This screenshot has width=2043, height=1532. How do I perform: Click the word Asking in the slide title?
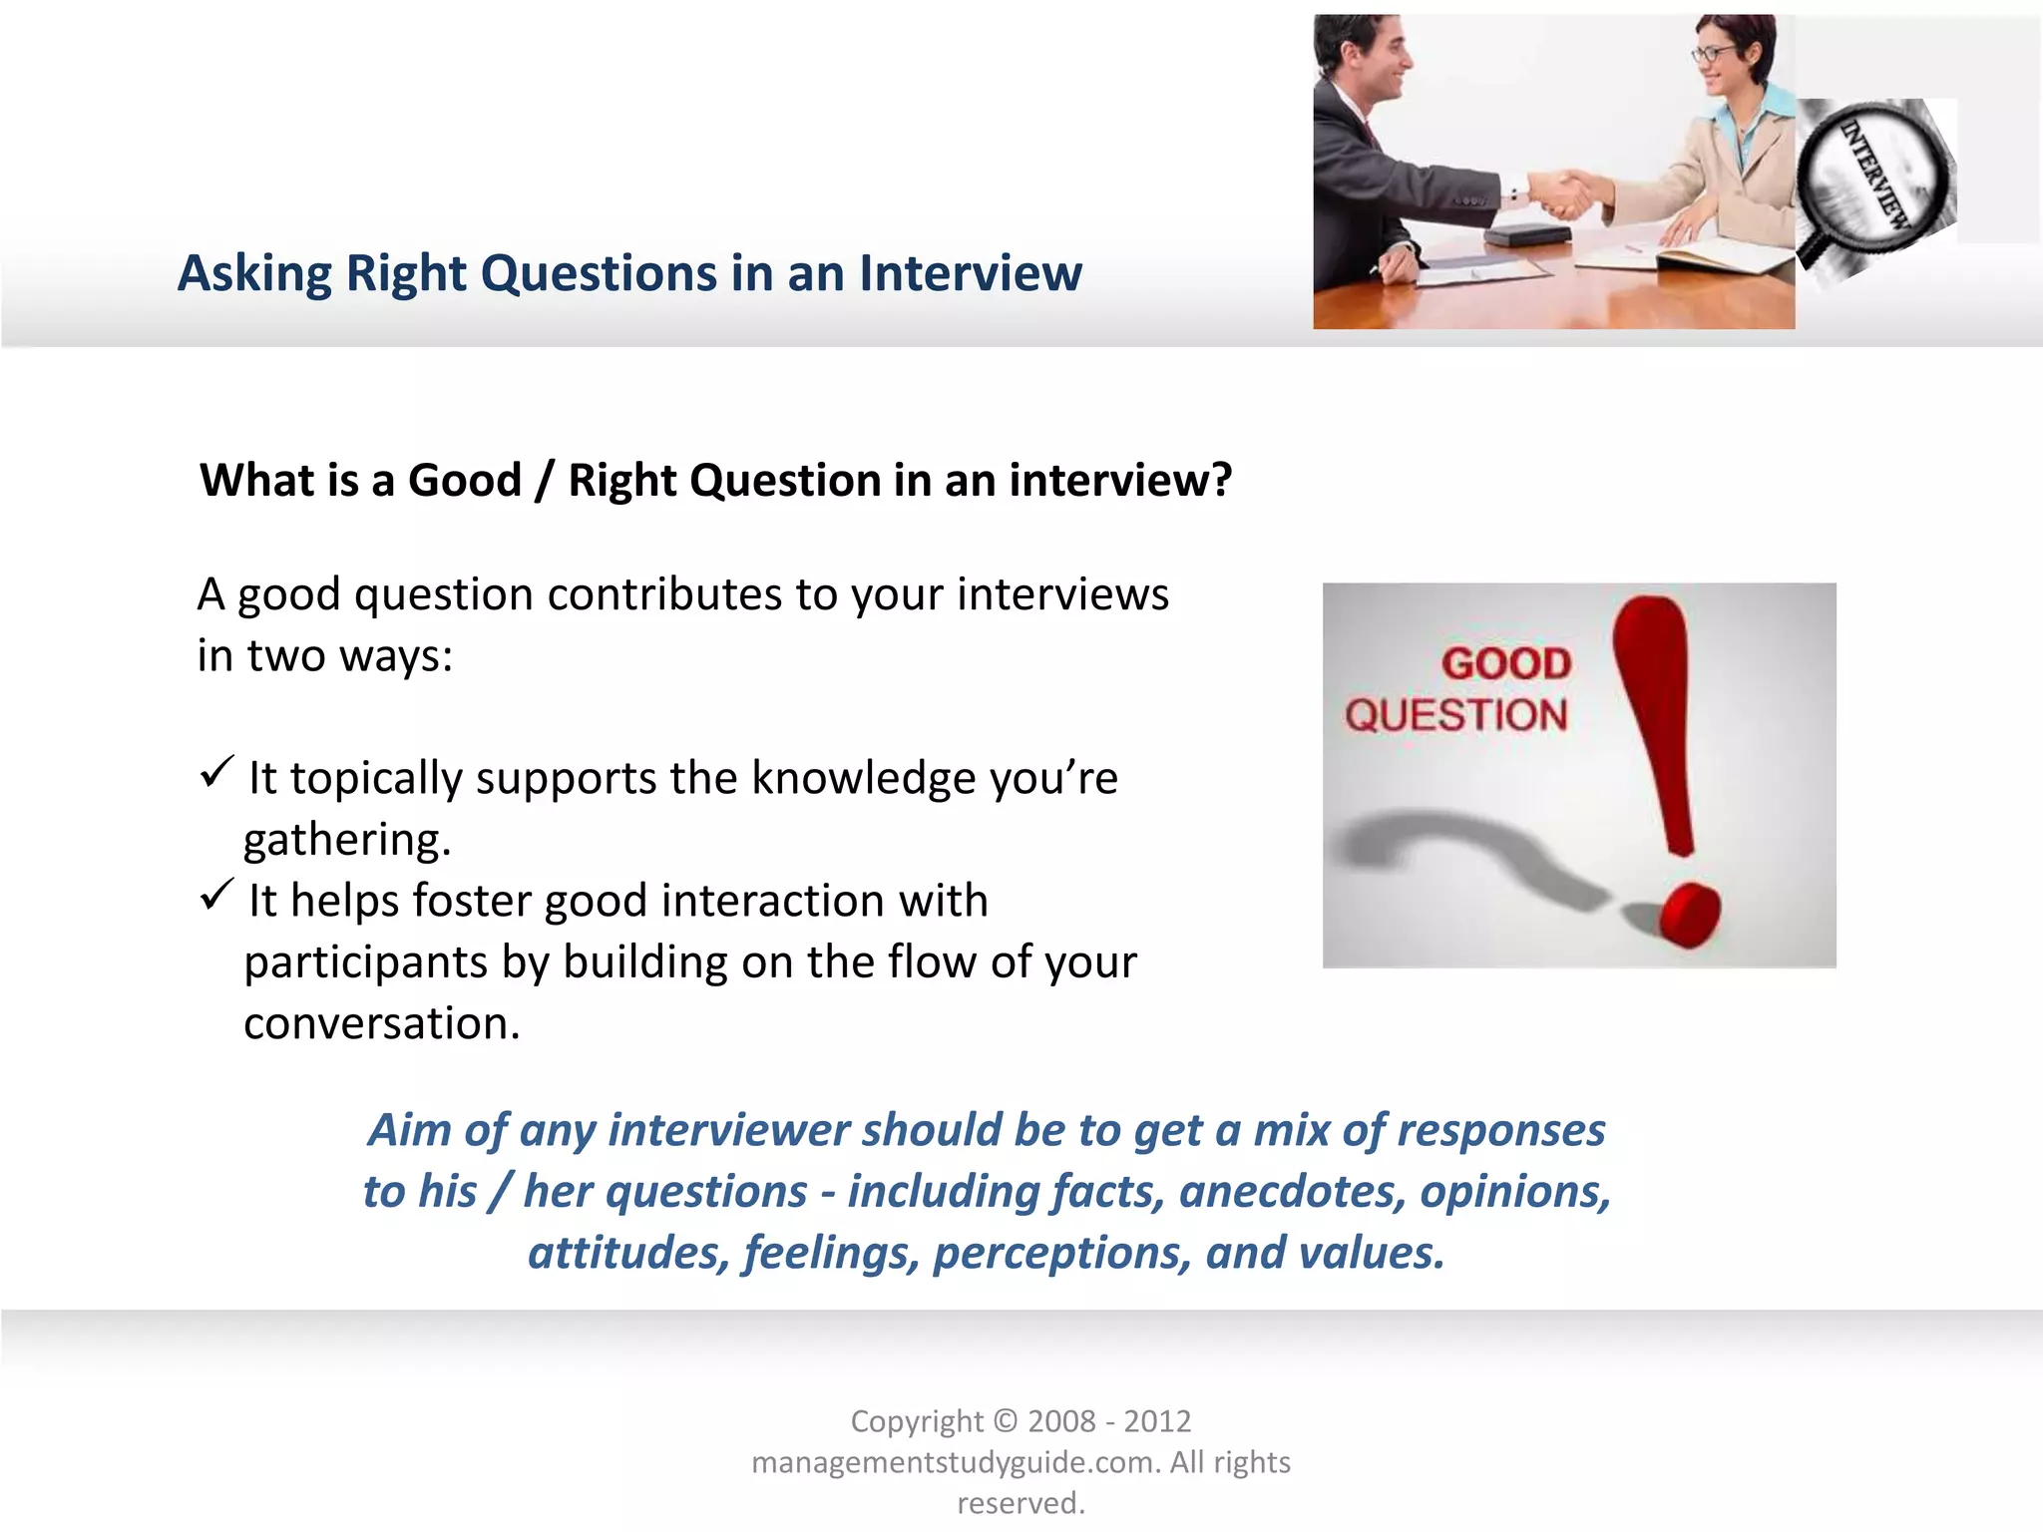pyautogui.click(x=254, y=273)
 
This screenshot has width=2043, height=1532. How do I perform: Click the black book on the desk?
pyautogui.click(x=1527, y=236)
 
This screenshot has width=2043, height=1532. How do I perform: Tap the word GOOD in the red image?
pyautogui.click(x=1506, y=664)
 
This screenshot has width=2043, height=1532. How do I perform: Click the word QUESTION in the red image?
pyautogui.click(x=1455, y=715)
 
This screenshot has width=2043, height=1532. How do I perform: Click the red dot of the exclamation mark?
pyautogui.click(x=1688, y=914)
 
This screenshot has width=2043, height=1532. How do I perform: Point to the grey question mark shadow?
pyautogui.click(x=1456, y=848)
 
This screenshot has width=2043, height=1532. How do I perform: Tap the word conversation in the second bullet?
pyautogui.click(x=381, y=1024)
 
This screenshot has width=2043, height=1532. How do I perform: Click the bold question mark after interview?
pyautogui.click(x=1221, y=481)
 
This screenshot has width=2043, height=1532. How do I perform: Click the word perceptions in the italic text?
pyautogui.click(x=1061, y=1254)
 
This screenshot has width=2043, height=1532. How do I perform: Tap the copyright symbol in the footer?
pyautogui.click(x=1006, y=1421)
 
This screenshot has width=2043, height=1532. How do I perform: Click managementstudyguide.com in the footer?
pyautogui.click(x=955, y=1462)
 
